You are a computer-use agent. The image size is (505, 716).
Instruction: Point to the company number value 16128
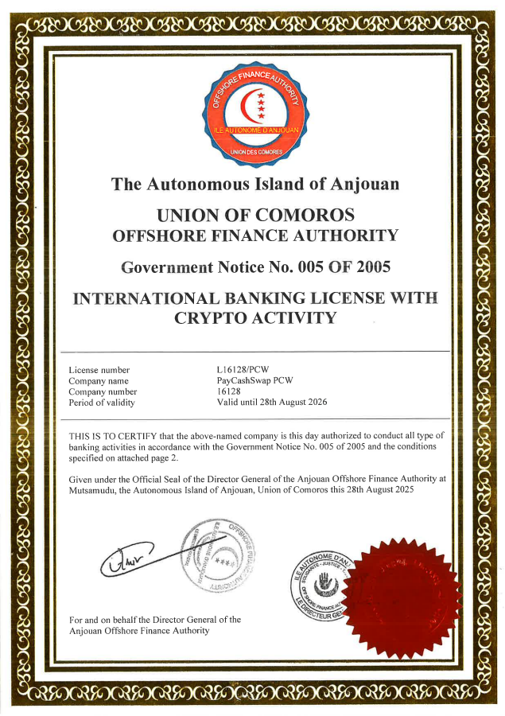pyautogui.click(x=229, y=391)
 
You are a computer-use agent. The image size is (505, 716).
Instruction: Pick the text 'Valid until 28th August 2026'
pyautogui.click(x=272, y=403)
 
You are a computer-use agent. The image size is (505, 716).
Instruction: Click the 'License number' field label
pyautogui.click(x=99, y=370)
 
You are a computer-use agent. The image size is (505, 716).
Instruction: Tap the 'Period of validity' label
pyautogui.click(x=102, y=403)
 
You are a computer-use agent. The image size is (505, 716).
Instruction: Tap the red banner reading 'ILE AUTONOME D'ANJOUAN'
pyautogui.click(x=256, y=129)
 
